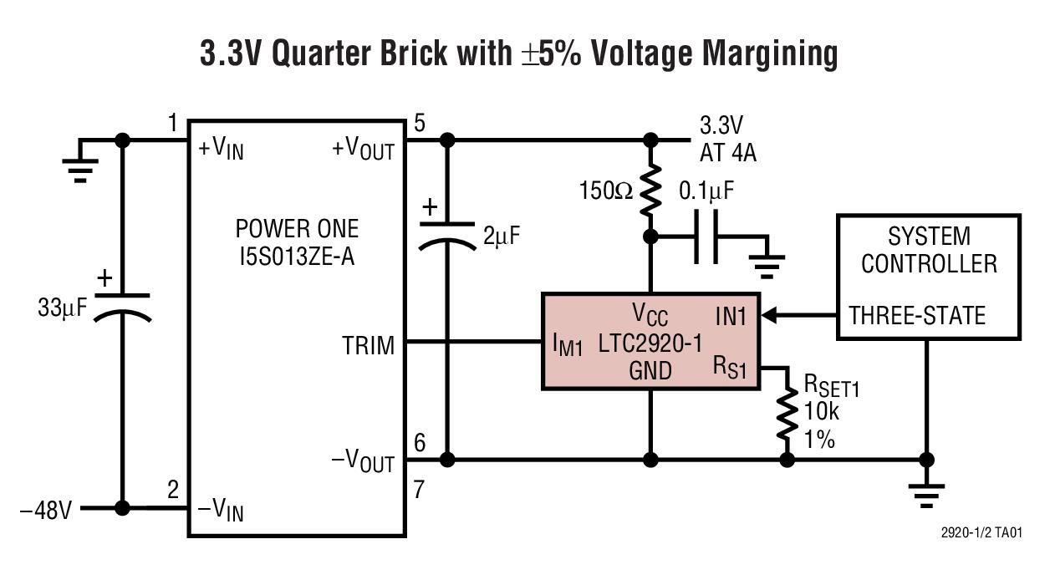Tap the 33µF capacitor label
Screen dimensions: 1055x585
pyautogui.click(x=63, y=308)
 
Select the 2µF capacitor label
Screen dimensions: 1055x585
pyautogui.click(x=502, y=236)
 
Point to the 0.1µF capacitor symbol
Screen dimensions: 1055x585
pyautogui.click(x=706, y=237)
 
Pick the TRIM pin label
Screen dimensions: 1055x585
pyautogui.click(x=368, y=346)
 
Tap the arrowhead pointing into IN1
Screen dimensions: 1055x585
pyautogui.click(x=768, y=315)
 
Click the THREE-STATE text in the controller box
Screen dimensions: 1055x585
pyautogui.click(x=917, y=315)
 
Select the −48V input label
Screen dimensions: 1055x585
pyautogui.click(x=46, y=510)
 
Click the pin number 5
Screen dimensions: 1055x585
pyautogui.click(x=419, y=123)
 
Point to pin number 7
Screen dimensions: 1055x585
pyautogui.click(x=419, y=490)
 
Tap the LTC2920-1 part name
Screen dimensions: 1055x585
pyautogui.click(x=650, y=343)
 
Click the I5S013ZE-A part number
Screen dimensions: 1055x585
pyautogui.click(x=297, y=257)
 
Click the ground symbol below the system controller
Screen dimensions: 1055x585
pyautogui.click(x=926, y=496)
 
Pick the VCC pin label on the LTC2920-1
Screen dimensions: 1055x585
pyautogui.click(x=650, y=314)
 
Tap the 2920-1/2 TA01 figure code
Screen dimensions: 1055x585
pyautogui.click(x=981, y=532)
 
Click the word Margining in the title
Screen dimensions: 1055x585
pyautogui.click(x=770, y=54)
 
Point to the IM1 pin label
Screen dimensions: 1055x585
pyautogui.click(x=568, y=345)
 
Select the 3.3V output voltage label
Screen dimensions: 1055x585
pyautogui.click(x=721, y=125)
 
